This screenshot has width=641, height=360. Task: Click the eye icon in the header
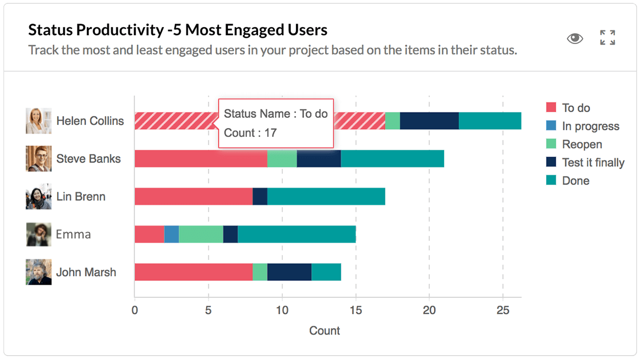[574, 38]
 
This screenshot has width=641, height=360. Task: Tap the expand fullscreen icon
[607, 38]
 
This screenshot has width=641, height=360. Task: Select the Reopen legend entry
[581, 145]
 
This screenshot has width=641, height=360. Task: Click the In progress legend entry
[590, 126]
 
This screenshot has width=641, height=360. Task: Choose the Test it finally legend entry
[593, 162]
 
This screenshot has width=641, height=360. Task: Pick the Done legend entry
[575, 181]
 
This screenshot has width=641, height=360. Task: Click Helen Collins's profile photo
[39, 121]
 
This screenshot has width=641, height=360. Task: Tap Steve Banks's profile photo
[39, 159]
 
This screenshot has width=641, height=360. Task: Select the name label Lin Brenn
[81, 197]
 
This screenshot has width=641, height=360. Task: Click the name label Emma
[73, 234]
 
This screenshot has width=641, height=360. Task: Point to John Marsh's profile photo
[39, 272]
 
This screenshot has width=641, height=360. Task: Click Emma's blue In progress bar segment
[171, 234]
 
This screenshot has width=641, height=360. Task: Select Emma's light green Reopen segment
[201, 234]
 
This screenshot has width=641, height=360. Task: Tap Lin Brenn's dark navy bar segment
[260, 197]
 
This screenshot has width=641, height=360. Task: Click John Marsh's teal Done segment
[326, 272]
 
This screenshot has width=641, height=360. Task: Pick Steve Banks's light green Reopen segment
[282, 159]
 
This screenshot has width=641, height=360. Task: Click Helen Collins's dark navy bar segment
[429, 121]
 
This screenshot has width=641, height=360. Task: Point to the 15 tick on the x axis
[356, 310]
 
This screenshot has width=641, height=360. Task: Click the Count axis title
[325, 331]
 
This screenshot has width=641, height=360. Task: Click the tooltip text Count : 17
[250, 133]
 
